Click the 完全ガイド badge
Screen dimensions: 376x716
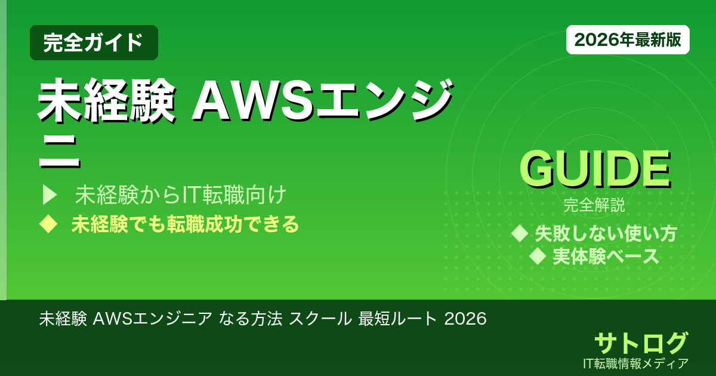click(x=94, y=42)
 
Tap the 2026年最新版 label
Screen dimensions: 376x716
click(x=628, y=40)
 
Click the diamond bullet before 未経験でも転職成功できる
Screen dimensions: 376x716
click(x=48, y=224)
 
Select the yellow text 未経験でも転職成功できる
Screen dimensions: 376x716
click(x=185, y=224)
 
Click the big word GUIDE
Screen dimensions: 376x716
click(x=594, y=169)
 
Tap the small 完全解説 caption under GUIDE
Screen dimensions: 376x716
click(x=594, y=206)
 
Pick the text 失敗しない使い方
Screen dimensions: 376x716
click(x=606, y=233)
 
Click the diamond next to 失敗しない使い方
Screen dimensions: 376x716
click(x=521, y=233)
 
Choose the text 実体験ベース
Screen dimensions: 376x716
click(x=606, y=257)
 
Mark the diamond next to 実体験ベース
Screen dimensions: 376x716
click(x=538, y=257)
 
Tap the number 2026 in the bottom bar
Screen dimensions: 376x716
click(x=467, y=319)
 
